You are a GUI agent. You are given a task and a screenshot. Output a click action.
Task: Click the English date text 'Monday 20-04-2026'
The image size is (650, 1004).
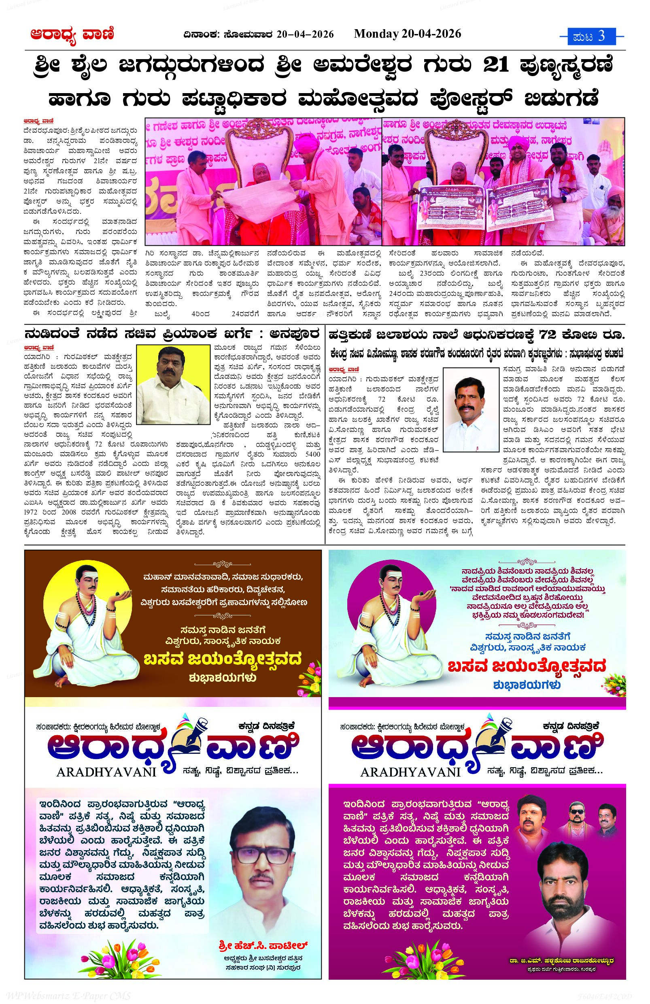407,34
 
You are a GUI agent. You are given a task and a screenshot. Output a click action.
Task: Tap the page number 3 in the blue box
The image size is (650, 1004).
601,36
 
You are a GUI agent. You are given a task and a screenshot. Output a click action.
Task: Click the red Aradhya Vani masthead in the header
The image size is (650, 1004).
72,35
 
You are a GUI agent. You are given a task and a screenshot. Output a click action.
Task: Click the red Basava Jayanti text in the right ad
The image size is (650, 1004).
527,666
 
